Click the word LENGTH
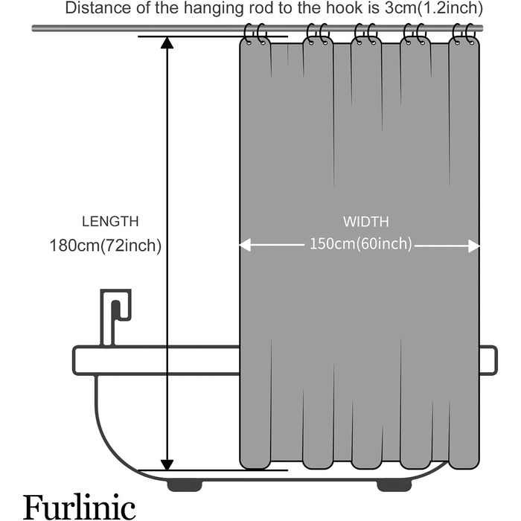(x=110, y=221)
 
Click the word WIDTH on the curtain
(x=365, y=221)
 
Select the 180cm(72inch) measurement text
(x=106, y=245)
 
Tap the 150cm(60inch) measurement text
(x=360, y=245)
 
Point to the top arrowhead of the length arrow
(x=167, y=42)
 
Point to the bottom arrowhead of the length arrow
(x=167, y=463)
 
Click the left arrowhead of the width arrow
(x=245, y=246)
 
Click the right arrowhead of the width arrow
(x=473, y=246)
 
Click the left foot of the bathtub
(x=184, y=485)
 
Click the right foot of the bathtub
(x=393, y=485)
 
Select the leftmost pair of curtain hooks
(x=255, y=34)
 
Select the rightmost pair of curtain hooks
(x=464, y=34)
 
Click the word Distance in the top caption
(x=94, y=9)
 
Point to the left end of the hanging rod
(x=36, y=28)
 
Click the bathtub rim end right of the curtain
(x=488, y=360)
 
